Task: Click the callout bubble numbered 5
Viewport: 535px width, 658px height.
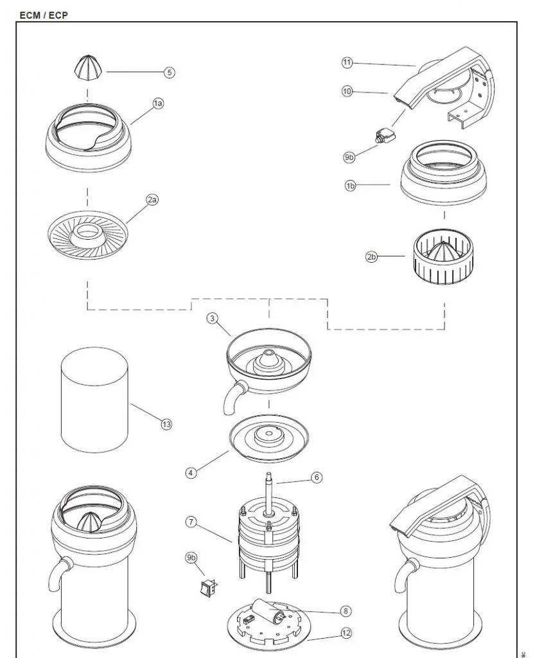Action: tap(169, 73)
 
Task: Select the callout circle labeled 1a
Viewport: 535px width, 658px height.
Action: tap(158, 103)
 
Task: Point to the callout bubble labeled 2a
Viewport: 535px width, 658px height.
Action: tap(152, 200)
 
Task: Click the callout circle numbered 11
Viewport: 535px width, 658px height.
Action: tap(347, 62)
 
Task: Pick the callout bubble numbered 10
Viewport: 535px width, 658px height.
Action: tap(347, 92)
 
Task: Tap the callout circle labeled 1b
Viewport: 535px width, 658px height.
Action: tap(351, 186)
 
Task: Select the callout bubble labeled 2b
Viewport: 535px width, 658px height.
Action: tap(371, 257)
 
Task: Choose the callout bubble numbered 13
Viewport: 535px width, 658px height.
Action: tap(166, 424)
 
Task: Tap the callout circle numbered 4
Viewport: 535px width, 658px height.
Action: tap(191, 472)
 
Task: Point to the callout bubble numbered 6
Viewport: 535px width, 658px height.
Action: tap(316, 477)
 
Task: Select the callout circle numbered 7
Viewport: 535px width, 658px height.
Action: tap(191, 522)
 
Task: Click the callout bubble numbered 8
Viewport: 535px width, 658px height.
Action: tap(347, 611)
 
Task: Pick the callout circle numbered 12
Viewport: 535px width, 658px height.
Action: tap(347, 633)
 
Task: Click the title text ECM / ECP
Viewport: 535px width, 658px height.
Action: tap(44, 15)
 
